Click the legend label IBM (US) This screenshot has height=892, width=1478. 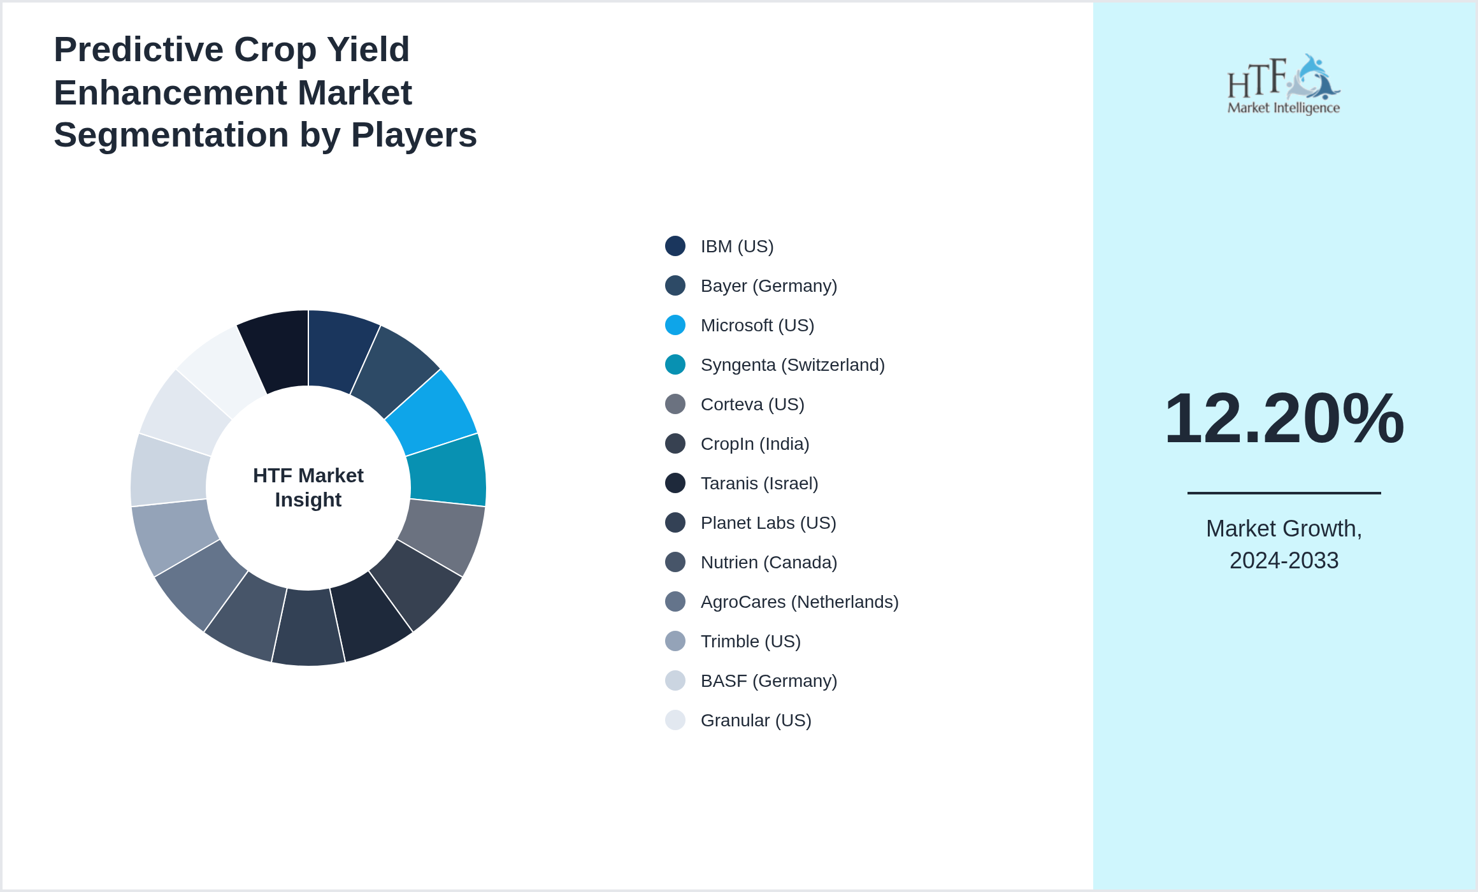(736, 246)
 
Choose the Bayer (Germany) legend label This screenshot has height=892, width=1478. (768, 285)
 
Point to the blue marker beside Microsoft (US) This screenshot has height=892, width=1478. (675, 325)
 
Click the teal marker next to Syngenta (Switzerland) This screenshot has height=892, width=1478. (675, 364)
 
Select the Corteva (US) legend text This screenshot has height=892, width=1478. (752, 404)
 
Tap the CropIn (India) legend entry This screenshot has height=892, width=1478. (754, 443)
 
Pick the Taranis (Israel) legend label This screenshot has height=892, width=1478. (759, 483)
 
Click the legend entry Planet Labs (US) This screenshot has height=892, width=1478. (768, 522)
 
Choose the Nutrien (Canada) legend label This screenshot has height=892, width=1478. (768, 562)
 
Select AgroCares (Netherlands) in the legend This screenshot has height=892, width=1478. (799, 601)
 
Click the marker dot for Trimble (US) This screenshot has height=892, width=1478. (675, 641)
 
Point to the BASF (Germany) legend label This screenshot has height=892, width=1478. (768, 680)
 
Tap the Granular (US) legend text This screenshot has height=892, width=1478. (756, 720)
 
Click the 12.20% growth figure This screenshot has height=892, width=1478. (1284, 419)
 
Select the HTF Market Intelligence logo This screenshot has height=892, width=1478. (1284, 85)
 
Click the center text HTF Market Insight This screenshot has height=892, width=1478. (308, 487)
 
